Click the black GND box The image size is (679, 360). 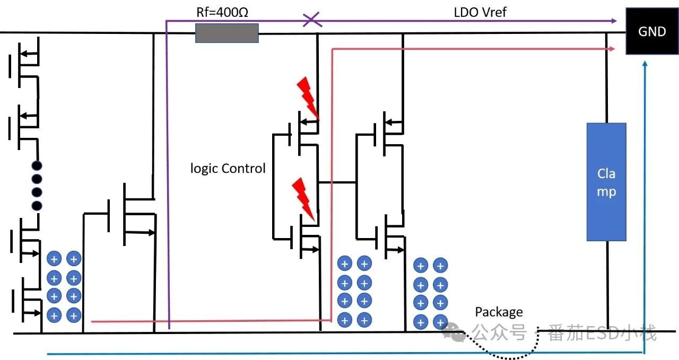[x=652, y=31]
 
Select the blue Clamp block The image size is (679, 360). [x=606, y=182]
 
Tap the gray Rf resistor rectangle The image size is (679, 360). [x=227, y=33]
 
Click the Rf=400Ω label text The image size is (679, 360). [x=222, y=12]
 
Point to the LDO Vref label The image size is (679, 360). [x=480, y=12]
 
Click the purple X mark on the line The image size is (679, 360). [x=311, y=20]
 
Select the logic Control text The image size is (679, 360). [x=228, y=169]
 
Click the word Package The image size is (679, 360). [x=499, y=312]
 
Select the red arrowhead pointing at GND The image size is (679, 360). [x=613, y=49]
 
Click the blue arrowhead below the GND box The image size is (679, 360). [x=644, y=64]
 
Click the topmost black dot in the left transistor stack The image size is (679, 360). [x=37, y=165]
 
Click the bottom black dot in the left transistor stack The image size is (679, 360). [x=37, y=205]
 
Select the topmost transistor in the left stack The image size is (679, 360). [x=24, y=59]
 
